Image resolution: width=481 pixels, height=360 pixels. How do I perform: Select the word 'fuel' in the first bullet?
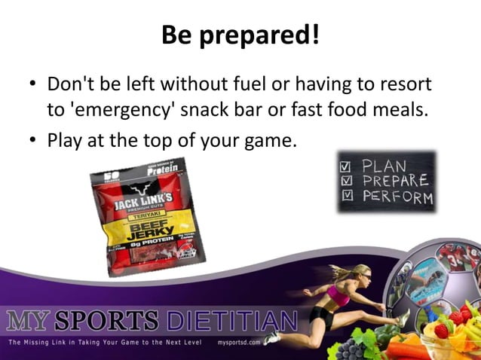[x=274, y=84]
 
